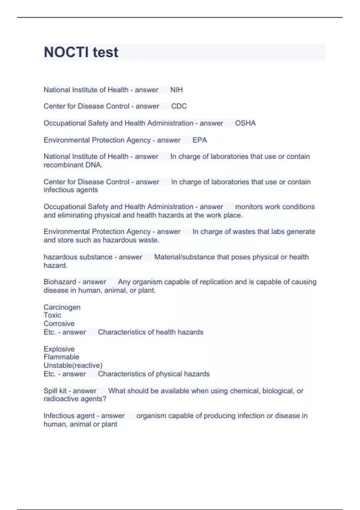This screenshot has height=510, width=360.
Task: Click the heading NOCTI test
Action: pyautogui.click(x=81, y=52)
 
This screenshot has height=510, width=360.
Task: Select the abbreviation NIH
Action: pyautogui.click(x=176, y=90)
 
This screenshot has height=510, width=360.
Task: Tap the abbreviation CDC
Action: pyautogui.click(x=179, y=106)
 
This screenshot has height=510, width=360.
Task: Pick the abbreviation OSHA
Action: pyautogui.click(x=245, y=123)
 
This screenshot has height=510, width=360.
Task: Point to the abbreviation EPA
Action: pyautogui.click(x=199, y=140)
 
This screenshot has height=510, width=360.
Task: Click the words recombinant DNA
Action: pyautogui.click(x=73, y=165)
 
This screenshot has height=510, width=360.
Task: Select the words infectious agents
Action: pyautogui.click(x=70, y=190)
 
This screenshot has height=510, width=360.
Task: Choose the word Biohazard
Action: pyautogui.click(x=60, y=282)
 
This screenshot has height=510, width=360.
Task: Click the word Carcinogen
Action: pyautogui.click(x=62, y=307)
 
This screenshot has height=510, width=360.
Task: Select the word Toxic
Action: pyautogui.click(x=52, y=315)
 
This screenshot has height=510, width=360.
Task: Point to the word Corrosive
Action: pyautogui.click(x=59, y=324)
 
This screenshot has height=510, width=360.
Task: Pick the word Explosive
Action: pyautogui.click(x=59, y=349)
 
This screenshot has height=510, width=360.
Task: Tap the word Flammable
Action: pyautogui.click(x=61, y=357)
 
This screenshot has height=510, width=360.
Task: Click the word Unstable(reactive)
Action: pyautogui.click(x=73, y=365)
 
